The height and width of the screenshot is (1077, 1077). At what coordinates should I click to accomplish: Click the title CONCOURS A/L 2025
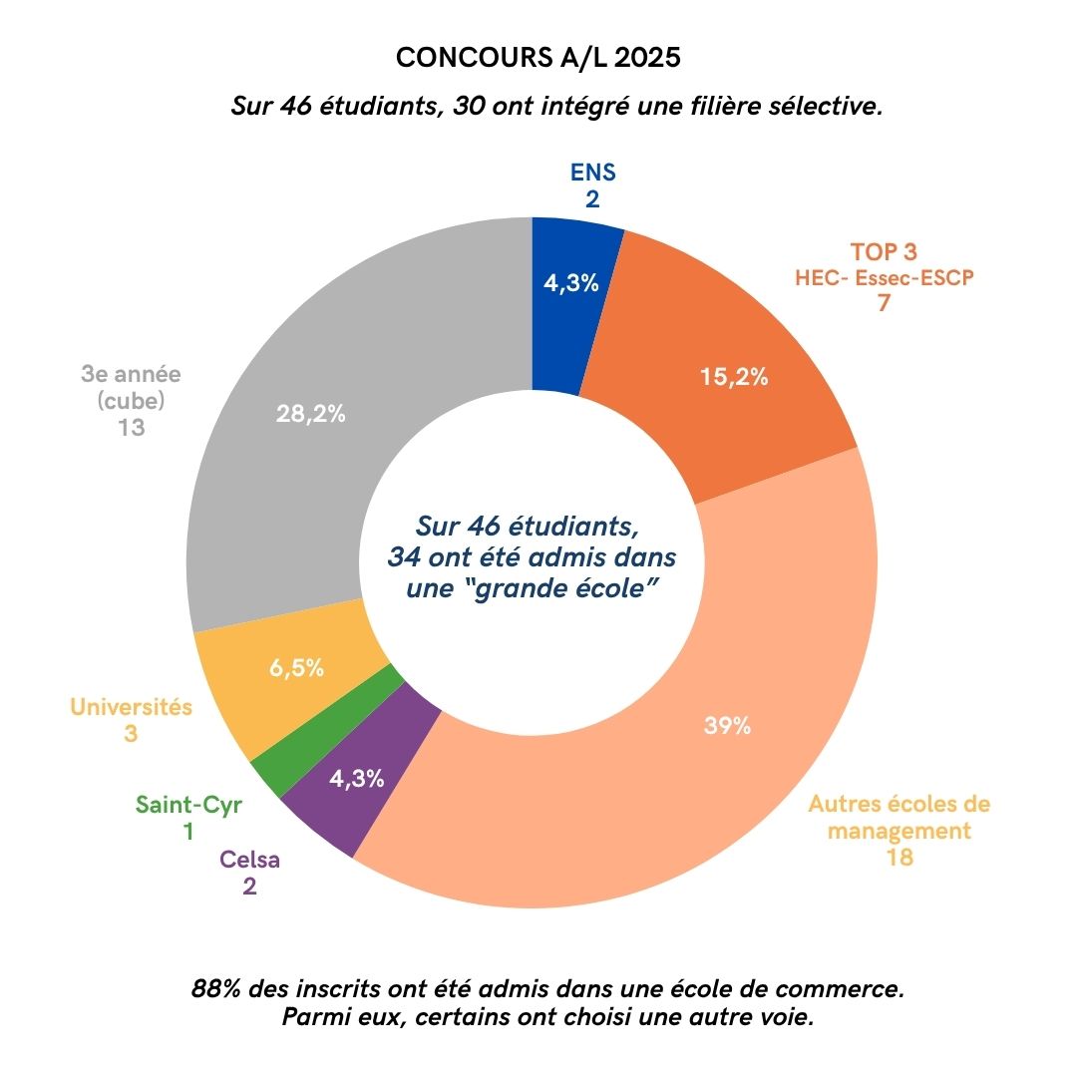538,58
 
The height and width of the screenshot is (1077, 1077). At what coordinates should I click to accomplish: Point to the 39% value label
726,726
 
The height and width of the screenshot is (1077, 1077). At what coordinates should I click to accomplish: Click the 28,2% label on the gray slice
310,414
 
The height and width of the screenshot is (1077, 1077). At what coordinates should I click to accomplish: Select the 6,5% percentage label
296,668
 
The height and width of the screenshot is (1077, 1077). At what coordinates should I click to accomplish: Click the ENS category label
592,172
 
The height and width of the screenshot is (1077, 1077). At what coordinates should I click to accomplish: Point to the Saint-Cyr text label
188,805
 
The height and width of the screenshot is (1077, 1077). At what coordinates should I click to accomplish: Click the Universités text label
131,707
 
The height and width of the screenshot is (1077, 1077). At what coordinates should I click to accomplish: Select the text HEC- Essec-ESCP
884,277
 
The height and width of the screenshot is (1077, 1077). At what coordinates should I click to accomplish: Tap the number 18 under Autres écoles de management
898,857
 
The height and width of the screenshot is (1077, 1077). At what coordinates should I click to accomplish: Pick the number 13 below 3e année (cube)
130,429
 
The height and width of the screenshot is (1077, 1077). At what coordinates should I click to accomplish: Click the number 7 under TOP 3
884,303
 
